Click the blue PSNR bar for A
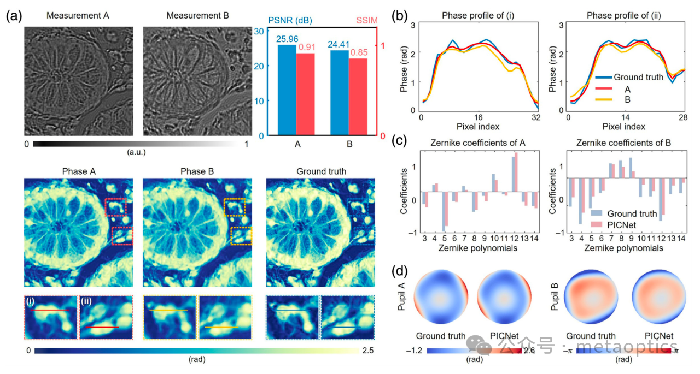(x=287, y=90)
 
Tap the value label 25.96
(x=288, y=39)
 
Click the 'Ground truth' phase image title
(x=321, y=171)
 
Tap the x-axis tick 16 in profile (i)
(x=479, y=117)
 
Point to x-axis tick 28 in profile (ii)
(x=684, y=117)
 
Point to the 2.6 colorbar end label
(x=529, y=352)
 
